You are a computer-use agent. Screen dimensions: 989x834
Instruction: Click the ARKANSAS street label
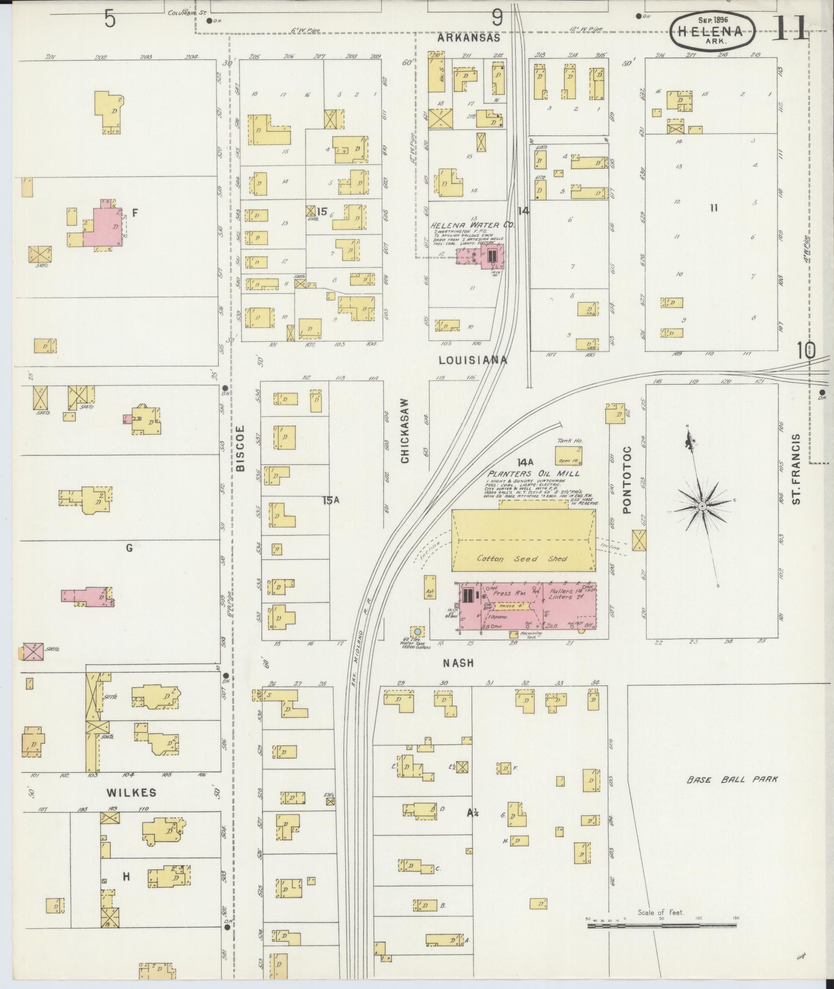(468, 38)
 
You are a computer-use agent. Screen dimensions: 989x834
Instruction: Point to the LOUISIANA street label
(472, 360)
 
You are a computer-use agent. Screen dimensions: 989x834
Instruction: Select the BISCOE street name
(240, 448)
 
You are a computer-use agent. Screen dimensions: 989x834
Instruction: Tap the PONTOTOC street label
(627, 480)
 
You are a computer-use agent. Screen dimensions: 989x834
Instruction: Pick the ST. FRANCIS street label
(797, 469)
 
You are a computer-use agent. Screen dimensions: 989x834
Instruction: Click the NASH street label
(459, 663)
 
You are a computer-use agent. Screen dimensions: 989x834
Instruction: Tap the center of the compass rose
(702, 506)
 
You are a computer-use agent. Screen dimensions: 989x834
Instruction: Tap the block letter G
(129, 548)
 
